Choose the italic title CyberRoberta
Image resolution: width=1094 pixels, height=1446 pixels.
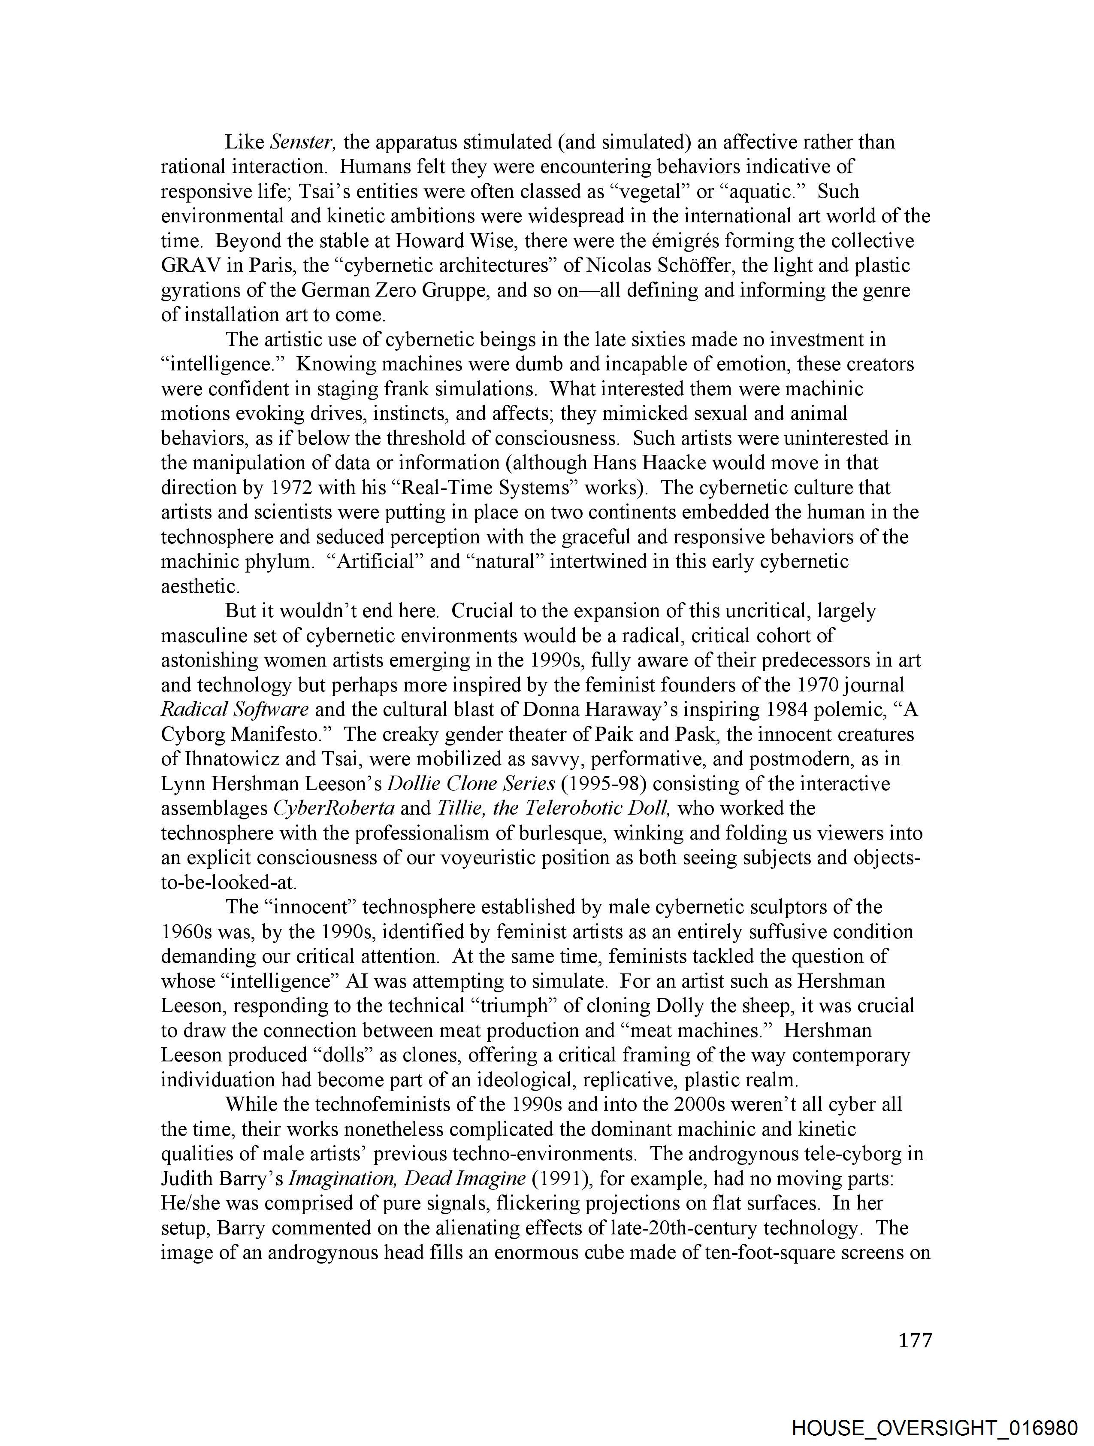click(x=333, y=809)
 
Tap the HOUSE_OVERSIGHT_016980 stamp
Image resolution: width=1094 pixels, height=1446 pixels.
click(x=934, y=1428)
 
